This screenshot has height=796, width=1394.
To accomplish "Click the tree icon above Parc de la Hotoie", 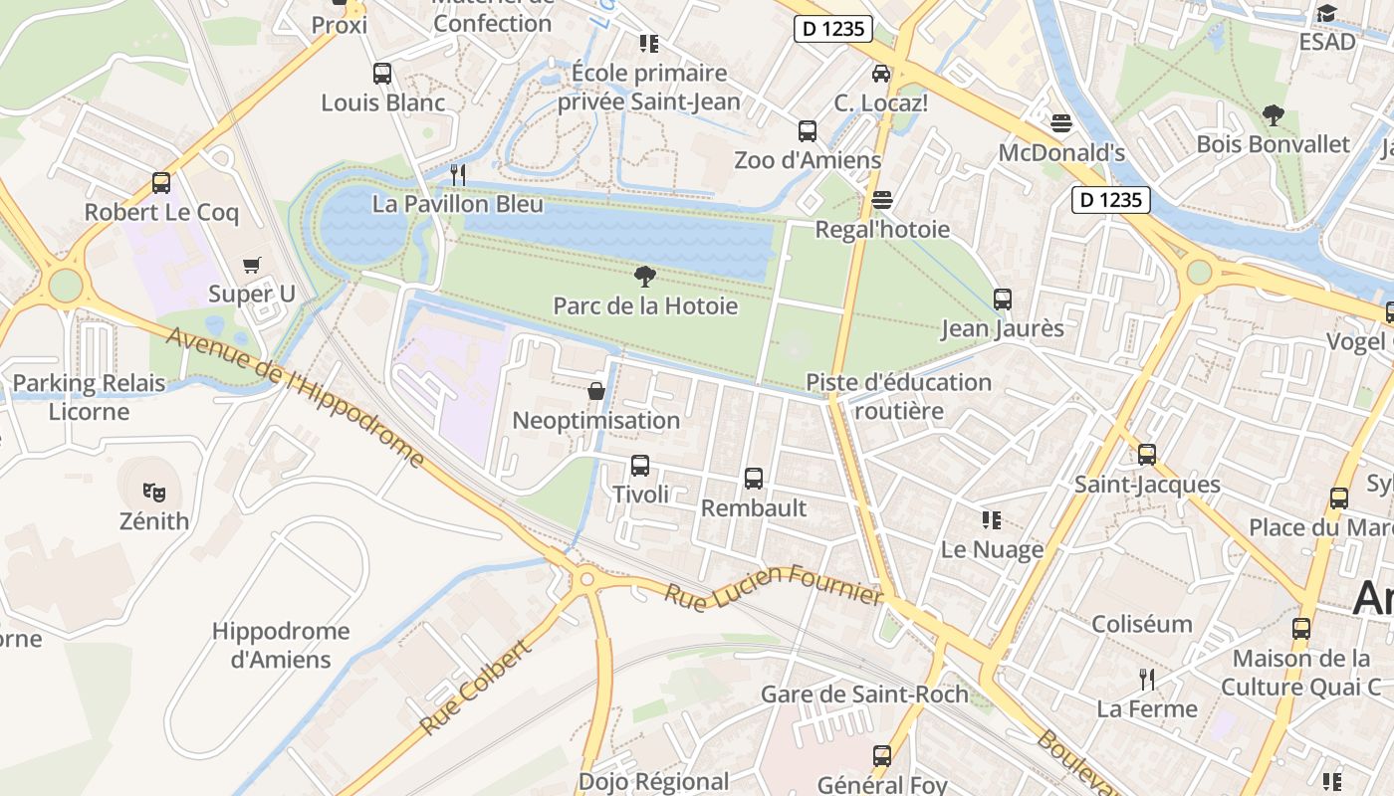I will tap(645, 277).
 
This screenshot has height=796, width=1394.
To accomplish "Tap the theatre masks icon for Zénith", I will tap(153, 492).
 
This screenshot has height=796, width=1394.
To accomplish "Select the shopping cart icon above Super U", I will tap(252, 265).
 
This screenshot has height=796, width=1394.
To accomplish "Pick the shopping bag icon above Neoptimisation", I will tap(596, 391).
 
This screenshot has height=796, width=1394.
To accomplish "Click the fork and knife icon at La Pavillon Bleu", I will tap(458, 175).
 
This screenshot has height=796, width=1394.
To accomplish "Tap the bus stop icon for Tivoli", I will tap(640, 466).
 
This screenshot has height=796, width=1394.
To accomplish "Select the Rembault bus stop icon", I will tap(754, 479).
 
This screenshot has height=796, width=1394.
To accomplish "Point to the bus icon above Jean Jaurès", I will tap(1003, 299).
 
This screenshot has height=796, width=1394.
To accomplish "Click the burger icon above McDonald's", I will tap(1061, 123).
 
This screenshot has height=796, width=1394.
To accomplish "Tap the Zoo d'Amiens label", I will tap(808, 160).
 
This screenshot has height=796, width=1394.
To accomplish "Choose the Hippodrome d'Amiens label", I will tap(281, 645).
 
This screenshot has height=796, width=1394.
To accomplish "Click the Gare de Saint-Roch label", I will tap(864, 695).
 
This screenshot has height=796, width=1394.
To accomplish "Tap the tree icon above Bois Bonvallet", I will tap(1273, 115).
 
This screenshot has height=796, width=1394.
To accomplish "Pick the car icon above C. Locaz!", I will tap(881, 74).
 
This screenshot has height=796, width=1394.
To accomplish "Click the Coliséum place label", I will tap(1142, 624).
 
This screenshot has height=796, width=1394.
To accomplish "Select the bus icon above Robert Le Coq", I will tap(161, 183).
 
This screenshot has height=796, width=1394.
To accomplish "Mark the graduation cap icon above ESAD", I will tap(1326, 13).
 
